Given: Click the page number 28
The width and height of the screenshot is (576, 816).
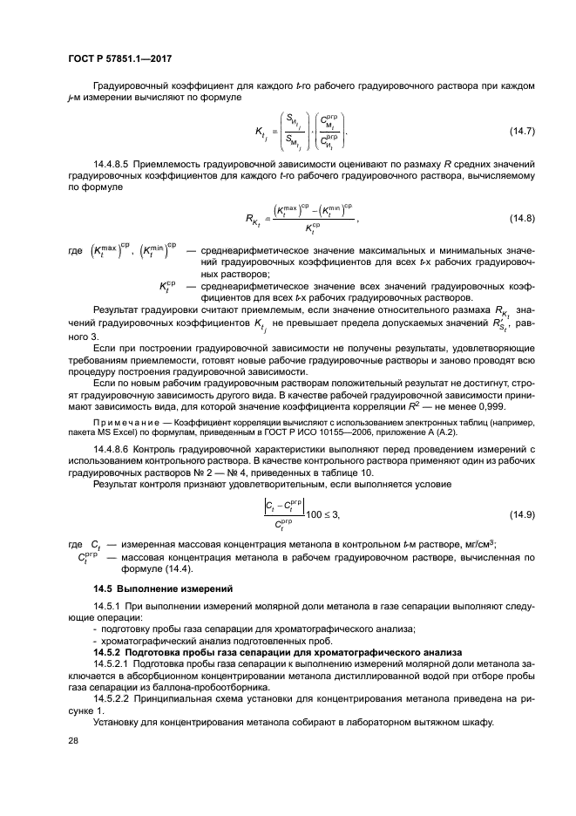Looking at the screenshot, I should point(74,740).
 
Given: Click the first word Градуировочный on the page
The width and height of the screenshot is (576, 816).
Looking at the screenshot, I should point(134,85).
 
